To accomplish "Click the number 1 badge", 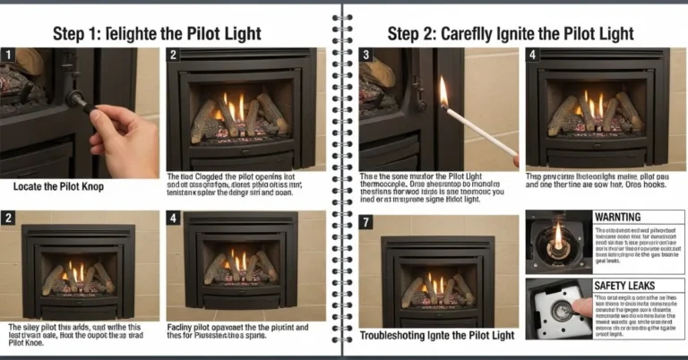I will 8,56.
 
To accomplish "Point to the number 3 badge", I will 365,56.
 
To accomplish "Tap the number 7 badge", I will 365,222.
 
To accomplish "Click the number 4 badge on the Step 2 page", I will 534,56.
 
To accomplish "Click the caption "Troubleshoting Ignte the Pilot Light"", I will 438,336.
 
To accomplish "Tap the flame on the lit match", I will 443,91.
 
